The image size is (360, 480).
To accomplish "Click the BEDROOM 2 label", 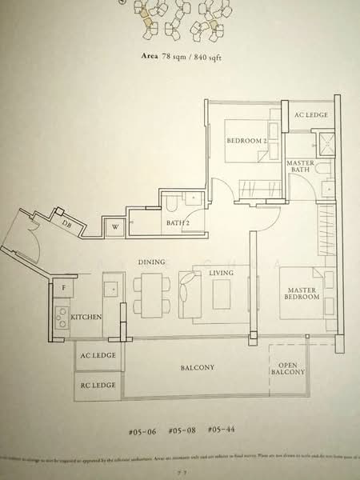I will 246,141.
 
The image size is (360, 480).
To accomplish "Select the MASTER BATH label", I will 301,166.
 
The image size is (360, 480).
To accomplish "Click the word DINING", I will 150,262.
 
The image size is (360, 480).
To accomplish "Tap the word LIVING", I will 221,273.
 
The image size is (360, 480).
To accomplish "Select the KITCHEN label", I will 86,318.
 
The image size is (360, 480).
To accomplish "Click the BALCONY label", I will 197,367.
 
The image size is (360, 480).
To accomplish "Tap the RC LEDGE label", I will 97,386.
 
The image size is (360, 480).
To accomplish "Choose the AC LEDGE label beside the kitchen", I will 97,355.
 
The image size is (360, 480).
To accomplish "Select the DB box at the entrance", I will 66,224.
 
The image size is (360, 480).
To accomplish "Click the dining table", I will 149,292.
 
